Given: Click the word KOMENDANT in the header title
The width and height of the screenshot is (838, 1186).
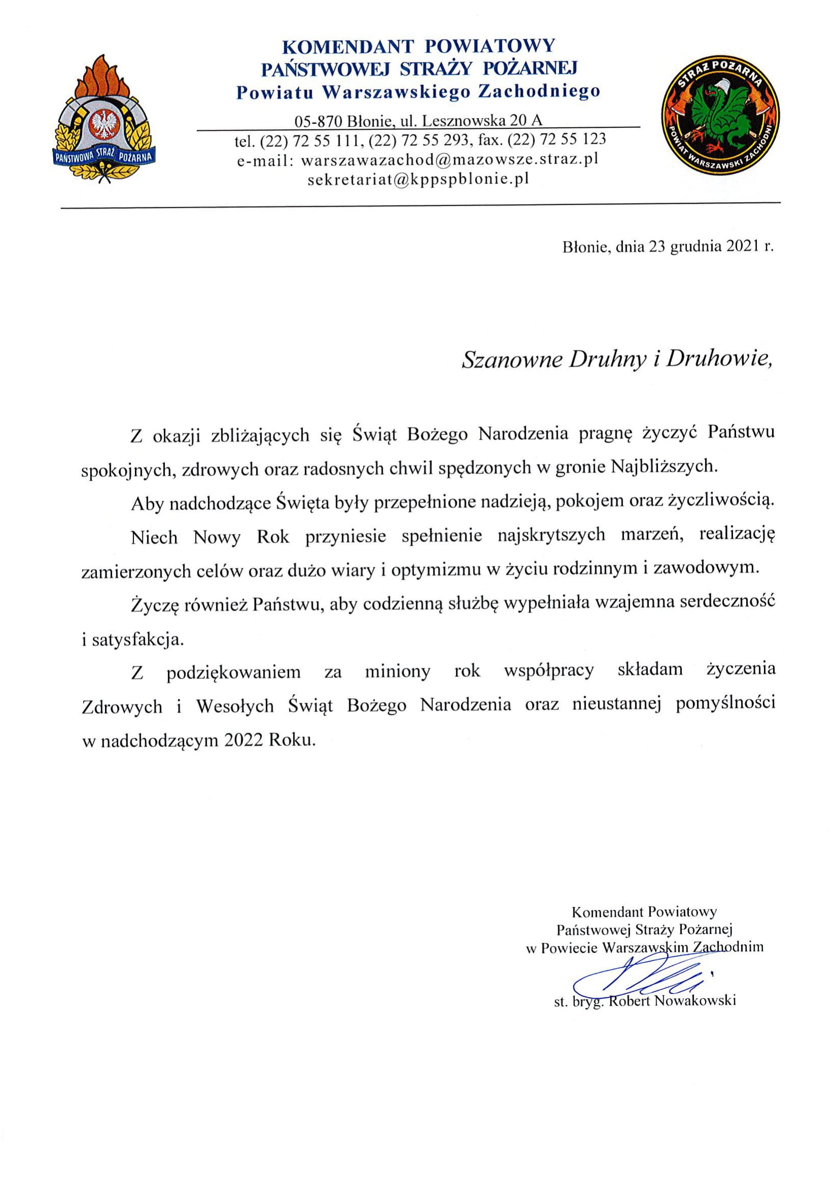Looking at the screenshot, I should pyautogui.click(x=348, y=47).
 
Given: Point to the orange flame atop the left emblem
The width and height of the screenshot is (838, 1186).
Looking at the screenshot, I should pyautogui.click(x=105, y=78).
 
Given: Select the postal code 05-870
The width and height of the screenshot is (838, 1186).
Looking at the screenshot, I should pyautogui.click(x=318, y=121).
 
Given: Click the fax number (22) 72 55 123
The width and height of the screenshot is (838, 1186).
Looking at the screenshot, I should pyautogui.click(x=557, y=139).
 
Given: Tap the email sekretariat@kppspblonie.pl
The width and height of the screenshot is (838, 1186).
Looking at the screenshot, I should pyautogui.click(x=418, y=179).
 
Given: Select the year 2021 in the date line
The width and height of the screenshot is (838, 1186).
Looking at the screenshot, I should pyautogui.click(x=742, y=247).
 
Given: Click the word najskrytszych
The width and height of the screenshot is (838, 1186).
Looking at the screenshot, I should pyautogui.click(x=551, y=534).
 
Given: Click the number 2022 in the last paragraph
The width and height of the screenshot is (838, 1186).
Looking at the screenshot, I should pyautogui.click(x=244, y=740).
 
